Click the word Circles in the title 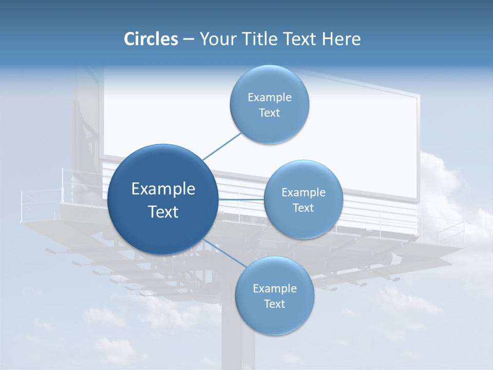point(151,39)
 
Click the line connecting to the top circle point(222,146)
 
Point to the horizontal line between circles point(241,199)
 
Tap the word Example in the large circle point(163,189)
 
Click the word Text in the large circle point(163,212)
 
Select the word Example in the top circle point(270,98)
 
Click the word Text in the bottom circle point(275,304)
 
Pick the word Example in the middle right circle point(304,193)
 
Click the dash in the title point(188,40)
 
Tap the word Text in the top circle point(270,113)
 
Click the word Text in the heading point(301,39)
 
